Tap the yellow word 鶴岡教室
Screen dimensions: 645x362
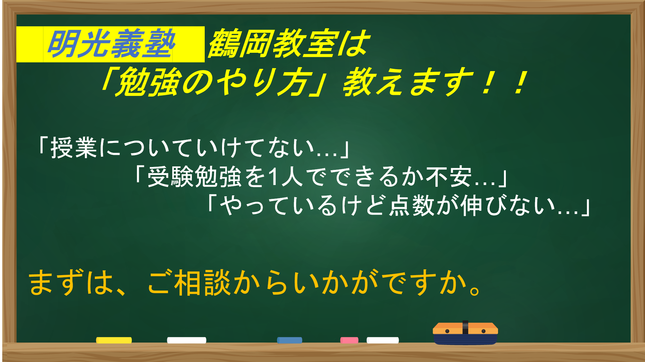pos(273,44)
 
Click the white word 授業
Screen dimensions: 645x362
pos(74,148)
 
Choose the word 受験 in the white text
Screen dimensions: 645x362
pos(171,177)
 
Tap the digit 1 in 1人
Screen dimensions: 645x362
pos(274,177)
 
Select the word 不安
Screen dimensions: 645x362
pos(449,177)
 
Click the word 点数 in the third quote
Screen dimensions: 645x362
pos(412,206)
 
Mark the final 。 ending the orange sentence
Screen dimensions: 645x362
pos(475,290)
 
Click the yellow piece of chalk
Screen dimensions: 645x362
pos(114,340)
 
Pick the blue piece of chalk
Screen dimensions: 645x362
pos(290,340)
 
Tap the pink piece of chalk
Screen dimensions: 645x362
pos(349,340)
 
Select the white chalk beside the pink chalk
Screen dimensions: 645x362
pos(383,340)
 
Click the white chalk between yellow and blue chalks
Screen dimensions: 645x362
pos(187,340)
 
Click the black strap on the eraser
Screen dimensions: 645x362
pos(465,328)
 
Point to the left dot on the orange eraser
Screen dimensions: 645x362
pos(447,331)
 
